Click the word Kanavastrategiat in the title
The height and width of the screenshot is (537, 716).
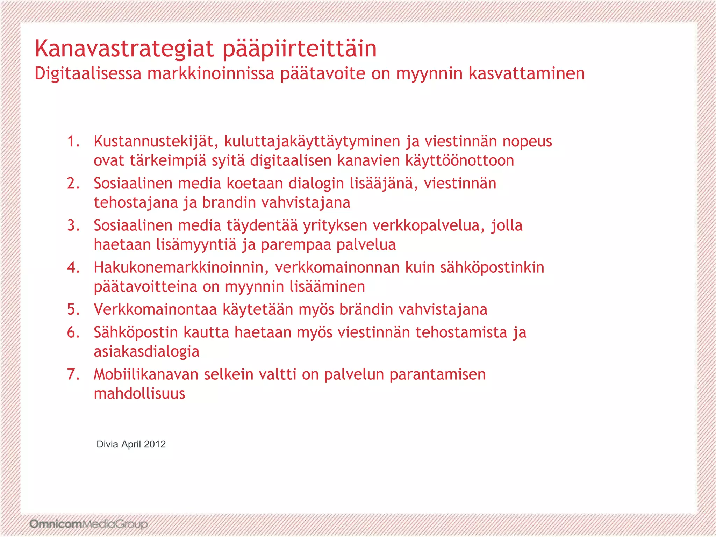[x=124, y=49]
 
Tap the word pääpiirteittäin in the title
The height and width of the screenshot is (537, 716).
[x=300, y=49]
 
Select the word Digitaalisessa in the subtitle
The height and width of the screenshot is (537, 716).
[x=88, y=74]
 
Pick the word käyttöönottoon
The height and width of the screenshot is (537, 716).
[x=459, y=161]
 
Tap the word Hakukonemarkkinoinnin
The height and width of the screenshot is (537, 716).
[x=181, y=267]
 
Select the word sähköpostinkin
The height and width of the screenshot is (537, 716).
[x=492, y=268]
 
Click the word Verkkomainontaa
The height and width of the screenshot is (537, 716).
[x=155, y=309]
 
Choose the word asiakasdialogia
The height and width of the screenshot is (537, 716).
[x=146, y=352]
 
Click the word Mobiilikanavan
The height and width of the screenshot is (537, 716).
[x=146, y=374]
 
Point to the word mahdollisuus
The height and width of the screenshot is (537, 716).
[x=139, y=394]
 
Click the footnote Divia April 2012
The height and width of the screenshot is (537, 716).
[x=131, y=444]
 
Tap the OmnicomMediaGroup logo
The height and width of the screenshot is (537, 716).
[x=89, y=524]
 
